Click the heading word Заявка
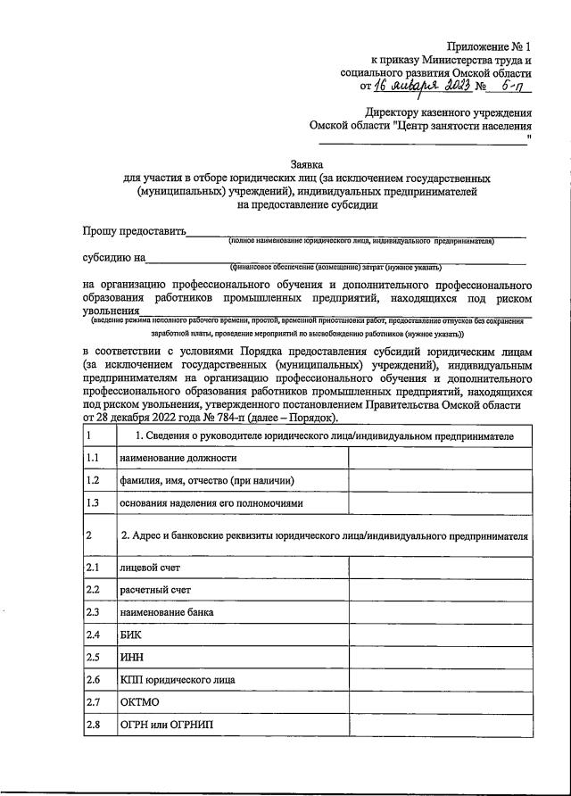[309, 164]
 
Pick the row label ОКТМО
[139, 702]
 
